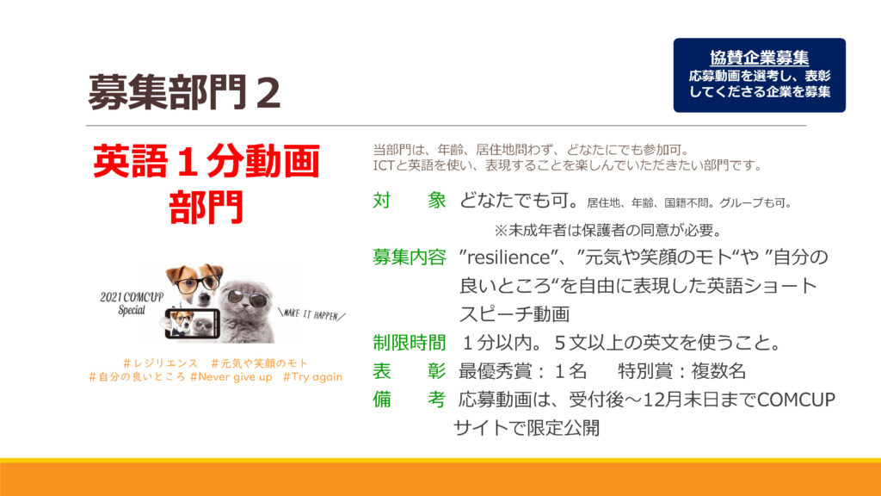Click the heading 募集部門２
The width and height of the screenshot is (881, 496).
pyautogui.click(x=184, y=92)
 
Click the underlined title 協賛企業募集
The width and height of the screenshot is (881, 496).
pyautogui.click(x=759, y=58)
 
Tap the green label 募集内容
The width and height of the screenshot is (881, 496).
pyautogui.click(x=409, y=257)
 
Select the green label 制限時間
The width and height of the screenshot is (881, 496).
pyautogui.click(x=409, y=343)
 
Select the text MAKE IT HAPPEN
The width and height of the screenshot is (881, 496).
pyautogui.click(x=311, y=313)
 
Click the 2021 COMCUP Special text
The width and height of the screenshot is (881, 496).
pyautogui.click(x=132, y=303)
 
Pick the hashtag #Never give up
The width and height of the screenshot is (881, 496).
pyautogui.click(x=231, y=377)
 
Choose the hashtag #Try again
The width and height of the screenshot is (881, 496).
pyautogui.click(x=312, y=377)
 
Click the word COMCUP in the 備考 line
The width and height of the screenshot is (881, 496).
pyautogui.click(x=796, y=400)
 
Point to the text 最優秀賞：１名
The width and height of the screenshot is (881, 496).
pyautogui.click(x=522, y=371)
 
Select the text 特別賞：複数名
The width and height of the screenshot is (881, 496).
pyautogui.click(x=682, y=371)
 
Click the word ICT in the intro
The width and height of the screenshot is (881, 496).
pyautogui.click(x=383, y=165)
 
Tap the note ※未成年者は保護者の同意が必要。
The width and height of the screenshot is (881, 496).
pyautogui.click(x=608, y=230)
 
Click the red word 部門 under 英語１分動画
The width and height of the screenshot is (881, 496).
pyautogui.click(x=206, y=207)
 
